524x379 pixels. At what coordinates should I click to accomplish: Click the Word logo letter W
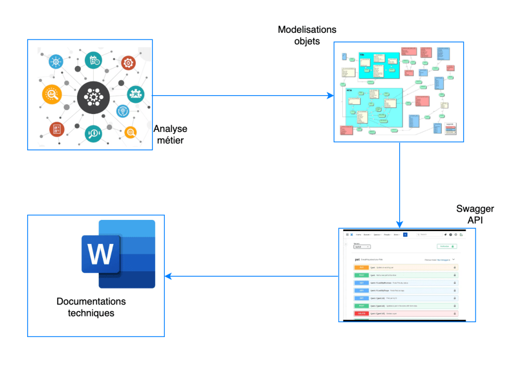pyautogui.click(x=100, y=254)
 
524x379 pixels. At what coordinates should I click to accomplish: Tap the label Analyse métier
pyautogui.click(x=170, y=134)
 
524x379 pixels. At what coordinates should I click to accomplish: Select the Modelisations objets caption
pyautogui.click(x=307, y=35)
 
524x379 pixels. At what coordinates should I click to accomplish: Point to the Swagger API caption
pyautogui.click(x=475, y=215)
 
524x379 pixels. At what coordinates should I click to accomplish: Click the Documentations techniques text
pyautogui.click(x=91, y=307)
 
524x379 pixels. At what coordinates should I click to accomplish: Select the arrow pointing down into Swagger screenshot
pyautogui.click(x=400, y=184)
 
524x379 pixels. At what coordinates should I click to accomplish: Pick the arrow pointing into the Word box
pyautogui.click(x=251, y=277)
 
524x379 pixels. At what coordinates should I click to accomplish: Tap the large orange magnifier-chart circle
pyautogui.click(x=52, y=94)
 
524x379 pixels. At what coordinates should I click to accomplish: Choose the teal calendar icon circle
pyautogui.click(x=93, y=60)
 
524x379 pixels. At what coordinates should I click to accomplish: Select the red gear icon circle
pyautogui.click(x=128, y=63)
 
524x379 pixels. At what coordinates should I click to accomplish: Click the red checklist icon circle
pyautogui.click(x=57, y=129)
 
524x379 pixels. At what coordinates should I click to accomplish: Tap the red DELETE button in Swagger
pyautogui.click(x=361, y=314)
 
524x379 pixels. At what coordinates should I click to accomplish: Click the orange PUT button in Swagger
pyautogui.click(x=361, y=267)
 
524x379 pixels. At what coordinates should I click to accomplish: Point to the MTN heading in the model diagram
pyautogui.click(x=349, y=91)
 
